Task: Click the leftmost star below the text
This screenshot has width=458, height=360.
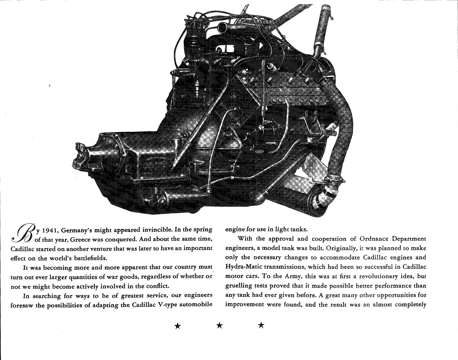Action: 178,326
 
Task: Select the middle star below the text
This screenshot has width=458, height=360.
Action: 219,326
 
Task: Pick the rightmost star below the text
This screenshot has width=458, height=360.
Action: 261,326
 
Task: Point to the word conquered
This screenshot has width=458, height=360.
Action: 119,240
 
